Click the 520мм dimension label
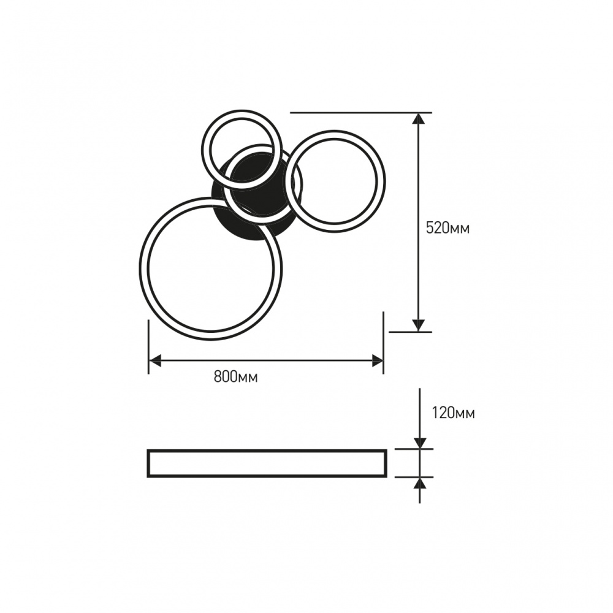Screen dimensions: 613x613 click(x=447, y=228)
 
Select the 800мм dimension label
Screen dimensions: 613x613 click(x=236, y=376)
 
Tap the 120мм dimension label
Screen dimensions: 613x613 click(x=453, y=413)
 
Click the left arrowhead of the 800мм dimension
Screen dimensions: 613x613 click(x=155, y=361)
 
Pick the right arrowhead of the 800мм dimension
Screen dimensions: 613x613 click(x=377, y=361)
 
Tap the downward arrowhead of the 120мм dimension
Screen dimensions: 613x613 click(x=420, y=443)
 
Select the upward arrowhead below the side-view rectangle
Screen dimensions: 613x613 click(x=420, y=483)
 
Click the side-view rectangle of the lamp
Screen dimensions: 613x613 click(x=267, y=450)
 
